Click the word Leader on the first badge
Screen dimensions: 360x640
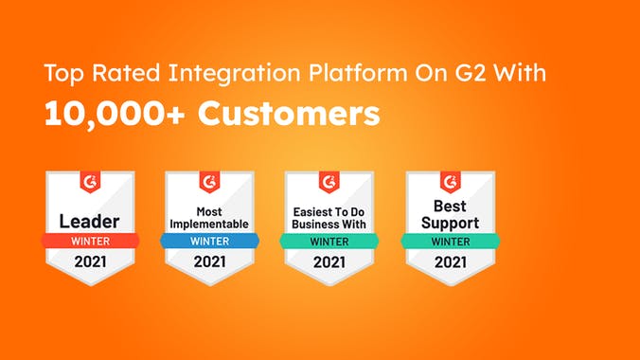click(x=89, y=221)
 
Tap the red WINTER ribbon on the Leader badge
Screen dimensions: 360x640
click(x=89, y=242)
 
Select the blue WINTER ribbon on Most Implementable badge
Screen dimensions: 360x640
click(x=209, y=242)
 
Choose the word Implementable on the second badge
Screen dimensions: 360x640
click(x=209, y=225)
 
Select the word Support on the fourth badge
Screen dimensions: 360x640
click(x=449, y=224)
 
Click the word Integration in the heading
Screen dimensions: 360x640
click(x=234, y=72)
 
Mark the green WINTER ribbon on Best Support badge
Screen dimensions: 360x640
click(x=449, y=242)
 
